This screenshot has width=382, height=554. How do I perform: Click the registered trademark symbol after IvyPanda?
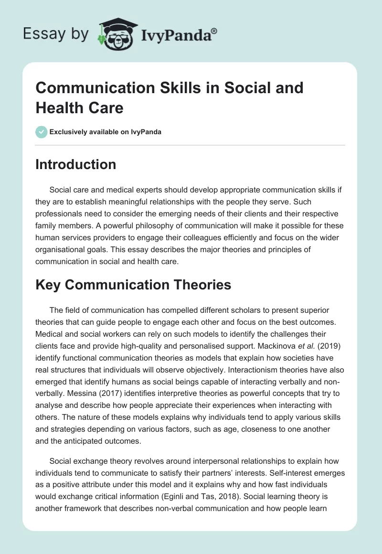coord(214,31)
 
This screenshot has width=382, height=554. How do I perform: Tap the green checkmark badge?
coord(42,132)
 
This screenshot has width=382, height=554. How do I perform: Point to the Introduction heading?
coord(76,164)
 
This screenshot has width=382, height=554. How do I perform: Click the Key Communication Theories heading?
coord(133,285)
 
